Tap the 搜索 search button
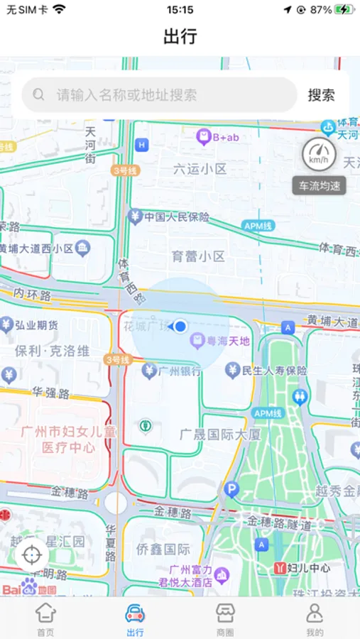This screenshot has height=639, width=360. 321,95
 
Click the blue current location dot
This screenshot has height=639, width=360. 180,326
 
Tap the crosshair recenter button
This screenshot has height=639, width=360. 32,555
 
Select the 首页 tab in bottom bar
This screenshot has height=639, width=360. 45,620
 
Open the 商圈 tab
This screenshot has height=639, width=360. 225,620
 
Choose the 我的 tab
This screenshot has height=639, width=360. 315,620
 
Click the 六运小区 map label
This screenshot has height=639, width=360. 200,169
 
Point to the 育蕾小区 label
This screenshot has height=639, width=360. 198,256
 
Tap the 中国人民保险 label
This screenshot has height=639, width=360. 177,217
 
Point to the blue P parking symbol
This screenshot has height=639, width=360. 231,489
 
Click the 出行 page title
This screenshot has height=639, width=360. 180,36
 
